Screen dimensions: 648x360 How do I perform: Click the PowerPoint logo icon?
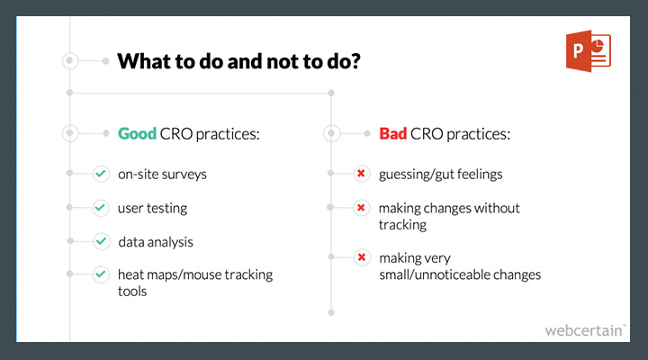point(589,50)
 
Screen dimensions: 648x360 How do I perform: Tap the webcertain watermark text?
point(585,330)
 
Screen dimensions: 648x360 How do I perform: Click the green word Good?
point(137,133)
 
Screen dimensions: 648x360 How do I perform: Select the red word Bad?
point(393,133)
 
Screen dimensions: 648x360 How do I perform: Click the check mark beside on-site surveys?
point(101,174)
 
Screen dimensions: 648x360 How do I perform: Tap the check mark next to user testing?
point(101,208)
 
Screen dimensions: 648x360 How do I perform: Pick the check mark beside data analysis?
point(101,241)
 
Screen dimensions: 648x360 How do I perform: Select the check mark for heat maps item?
point(101,274)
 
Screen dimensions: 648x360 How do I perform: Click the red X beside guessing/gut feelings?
point(362,174)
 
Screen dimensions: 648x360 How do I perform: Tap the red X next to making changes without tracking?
point(362,208)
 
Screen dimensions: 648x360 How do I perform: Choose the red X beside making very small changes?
point(362,257)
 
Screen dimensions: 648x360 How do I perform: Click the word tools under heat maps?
point(132,292)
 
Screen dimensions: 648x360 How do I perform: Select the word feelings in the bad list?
point(480,175)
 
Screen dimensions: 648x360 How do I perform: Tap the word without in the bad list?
point(497,208)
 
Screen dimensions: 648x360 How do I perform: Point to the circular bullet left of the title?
point(70,61)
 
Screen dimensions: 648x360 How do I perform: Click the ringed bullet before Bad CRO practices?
point(331,133)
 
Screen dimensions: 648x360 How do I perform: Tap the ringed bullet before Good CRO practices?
point(70,133)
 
